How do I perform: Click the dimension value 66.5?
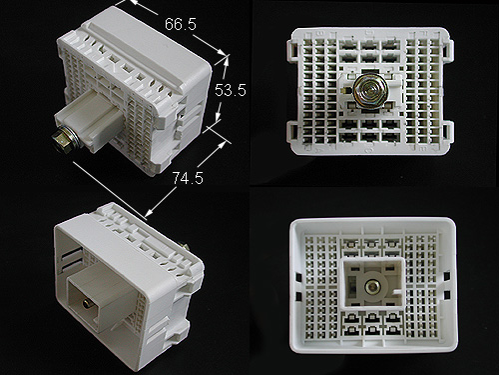click(181, 24)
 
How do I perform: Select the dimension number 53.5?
click(231, 90)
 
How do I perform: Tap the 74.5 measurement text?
click(188, 178)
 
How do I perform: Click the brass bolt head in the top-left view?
click(61, 141)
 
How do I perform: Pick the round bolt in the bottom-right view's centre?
click(371, 286)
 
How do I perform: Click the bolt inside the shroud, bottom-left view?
click(87, 304)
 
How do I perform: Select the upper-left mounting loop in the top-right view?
click(291, 52)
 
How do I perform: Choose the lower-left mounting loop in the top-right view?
click(291, 134)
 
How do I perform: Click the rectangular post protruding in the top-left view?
click(89, 121)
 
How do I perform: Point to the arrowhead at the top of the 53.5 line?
click(227, 60)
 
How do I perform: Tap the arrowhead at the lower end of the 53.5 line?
click(218, 117)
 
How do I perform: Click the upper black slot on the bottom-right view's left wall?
click(298, 277)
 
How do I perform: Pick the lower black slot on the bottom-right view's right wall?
click(447, 295)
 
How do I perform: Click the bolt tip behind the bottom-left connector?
click(185, 247)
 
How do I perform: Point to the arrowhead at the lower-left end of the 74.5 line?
click(150, 213)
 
